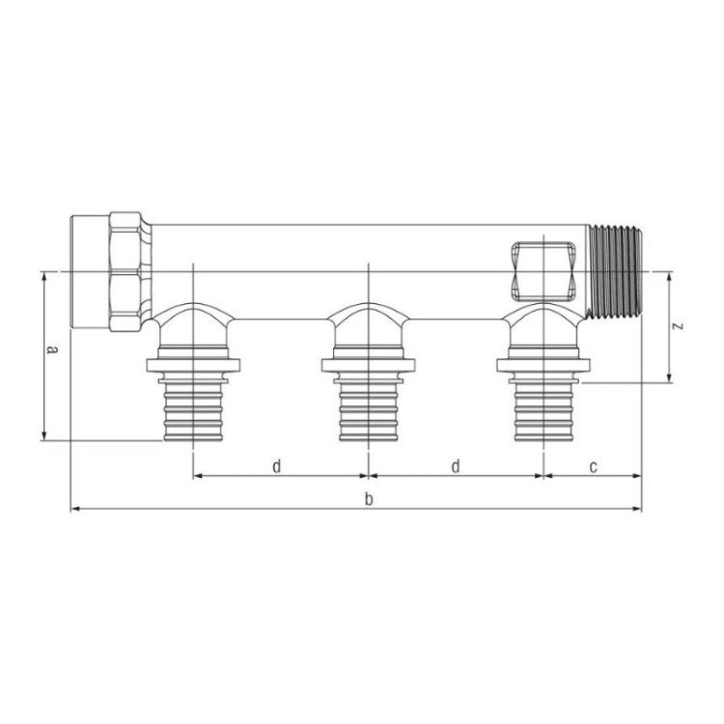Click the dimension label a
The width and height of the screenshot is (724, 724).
(53, 349)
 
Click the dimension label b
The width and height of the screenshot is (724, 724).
(369, 499)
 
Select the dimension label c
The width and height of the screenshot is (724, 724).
(594, 467)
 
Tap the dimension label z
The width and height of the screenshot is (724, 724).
(678, 326)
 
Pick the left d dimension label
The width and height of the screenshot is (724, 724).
(276, 466)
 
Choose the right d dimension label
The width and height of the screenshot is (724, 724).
(456, 466)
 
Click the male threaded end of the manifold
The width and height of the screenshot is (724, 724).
(616, 271)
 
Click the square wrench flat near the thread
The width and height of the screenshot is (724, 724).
(543, 271)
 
